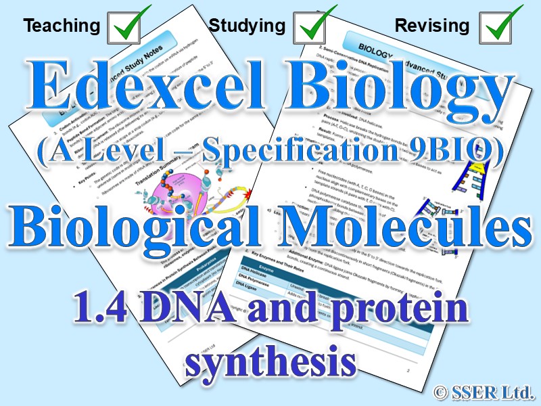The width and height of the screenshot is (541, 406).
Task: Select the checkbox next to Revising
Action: coord(500,26)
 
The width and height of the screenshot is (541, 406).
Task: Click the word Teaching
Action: coord(62,26)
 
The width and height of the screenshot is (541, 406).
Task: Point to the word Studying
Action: coord(247,26)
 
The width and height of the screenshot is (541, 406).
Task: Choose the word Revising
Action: coord(432,26)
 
